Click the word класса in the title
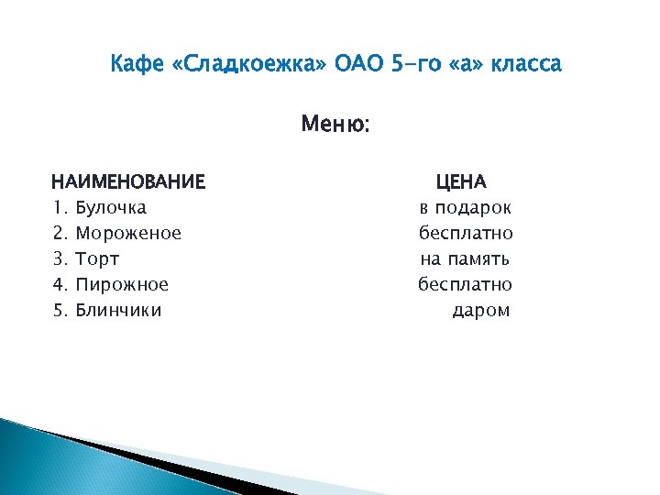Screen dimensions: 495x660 526,65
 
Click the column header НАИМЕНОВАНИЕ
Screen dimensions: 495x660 128,181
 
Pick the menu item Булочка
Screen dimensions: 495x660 111,207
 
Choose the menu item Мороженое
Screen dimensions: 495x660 128,233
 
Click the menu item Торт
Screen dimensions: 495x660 97,258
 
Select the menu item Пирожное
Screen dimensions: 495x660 122,284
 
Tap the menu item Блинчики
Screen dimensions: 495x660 118,310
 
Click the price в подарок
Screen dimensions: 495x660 466,207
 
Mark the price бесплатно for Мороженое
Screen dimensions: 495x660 466,233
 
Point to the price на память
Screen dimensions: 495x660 466,258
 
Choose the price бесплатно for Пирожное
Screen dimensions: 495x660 466,284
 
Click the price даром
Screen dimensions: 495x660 481,310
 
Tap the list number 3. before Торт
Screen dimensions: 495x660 60,258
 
